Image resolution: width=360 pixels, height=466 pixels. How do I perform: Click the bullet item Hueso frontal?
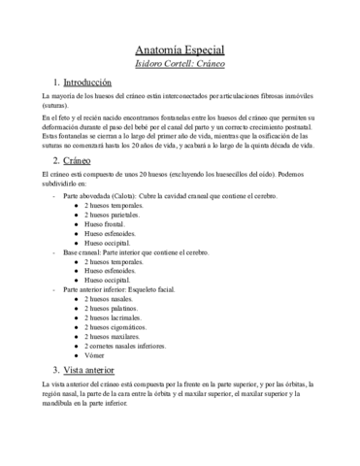(x=104, y=223)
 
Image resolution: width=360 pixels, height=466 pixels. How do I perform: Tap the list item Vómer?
(x=95, y=355)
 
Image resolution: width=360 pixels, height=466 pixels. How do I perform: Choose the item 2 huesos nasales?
(x=109, y=299)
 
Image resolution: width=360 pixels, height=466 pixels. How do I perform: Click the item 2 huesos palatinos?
(x=112, y=309)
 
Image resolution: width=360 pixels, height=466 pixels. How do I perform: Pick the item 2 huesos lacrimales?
(x=113, y=317)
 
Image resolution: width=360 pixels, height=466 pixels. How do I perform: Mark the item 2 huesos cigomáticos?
(x=115, y=327)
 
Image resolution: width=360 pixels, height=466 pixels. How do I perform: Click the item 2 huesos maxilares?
(x=112, y=337)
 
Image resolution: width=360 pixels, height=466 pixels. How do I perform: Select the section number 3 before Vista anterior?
(x=56, y=371)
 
